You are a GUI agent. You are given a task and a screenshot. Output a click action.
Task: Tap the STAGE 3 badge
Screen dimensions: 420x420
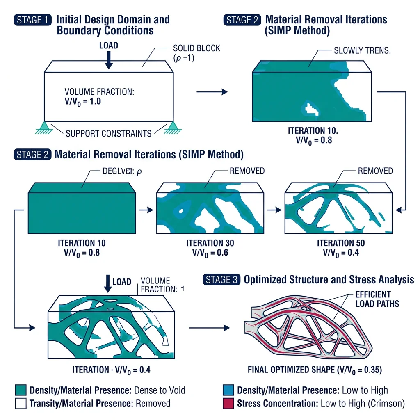point(221,280)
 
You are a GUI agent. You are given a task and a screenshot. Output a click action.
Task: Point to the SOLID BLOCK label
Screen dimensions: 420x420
point(196,48)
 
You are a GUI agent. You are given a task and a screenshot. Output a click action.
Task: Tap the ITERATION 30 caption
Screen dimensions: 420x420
point(210,243)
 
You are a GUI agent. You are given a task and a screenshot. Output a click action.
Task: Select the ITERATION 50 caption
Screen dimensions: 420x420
point(340,243)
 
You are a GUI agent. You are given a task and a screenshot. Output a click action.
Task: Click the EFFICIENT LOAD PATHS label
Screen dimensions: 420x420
point(373,299)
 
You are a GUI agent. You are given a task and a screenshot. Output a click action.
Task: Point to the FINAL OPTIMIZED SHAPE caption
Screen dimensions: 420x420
point(315,370)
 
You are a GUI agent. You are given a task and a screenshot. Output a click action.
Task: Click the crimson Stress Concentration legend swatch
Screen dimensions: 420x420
point(228,403)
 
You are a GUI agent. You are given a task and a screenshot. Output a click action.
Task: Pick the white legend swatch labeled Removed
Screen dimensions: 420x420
point(20,403)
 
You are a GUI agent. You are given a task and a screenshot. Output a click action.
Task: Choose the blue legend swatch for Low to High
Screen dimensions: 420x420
point(228,390)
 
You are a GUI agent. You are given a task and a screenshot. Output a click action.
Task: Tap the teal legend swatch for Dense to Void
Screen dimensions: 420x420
point(20,390)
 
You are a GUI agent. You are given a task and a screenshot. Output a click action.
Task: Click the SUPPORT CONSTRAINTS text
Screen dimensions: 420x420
point(109,133)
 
